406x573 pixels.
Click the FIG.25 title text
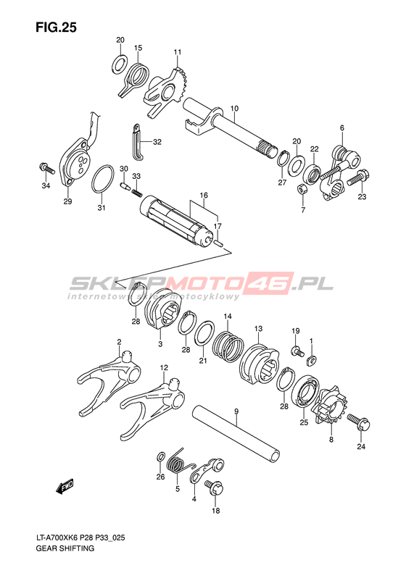pos(56,28)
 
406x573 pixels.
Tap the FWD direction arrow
pos(65,486)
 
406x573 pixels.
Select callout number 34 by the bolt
pos(46,186)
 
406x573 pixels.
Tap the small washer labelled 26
pos(160,457)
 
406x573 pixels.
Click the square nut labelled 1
pos(312,359)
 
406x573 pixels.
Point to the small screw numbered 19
pos(297,351)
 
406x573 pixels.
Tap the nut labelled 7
pos(302,189)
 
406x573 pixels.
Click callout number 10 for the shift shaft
pos(234,108)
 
